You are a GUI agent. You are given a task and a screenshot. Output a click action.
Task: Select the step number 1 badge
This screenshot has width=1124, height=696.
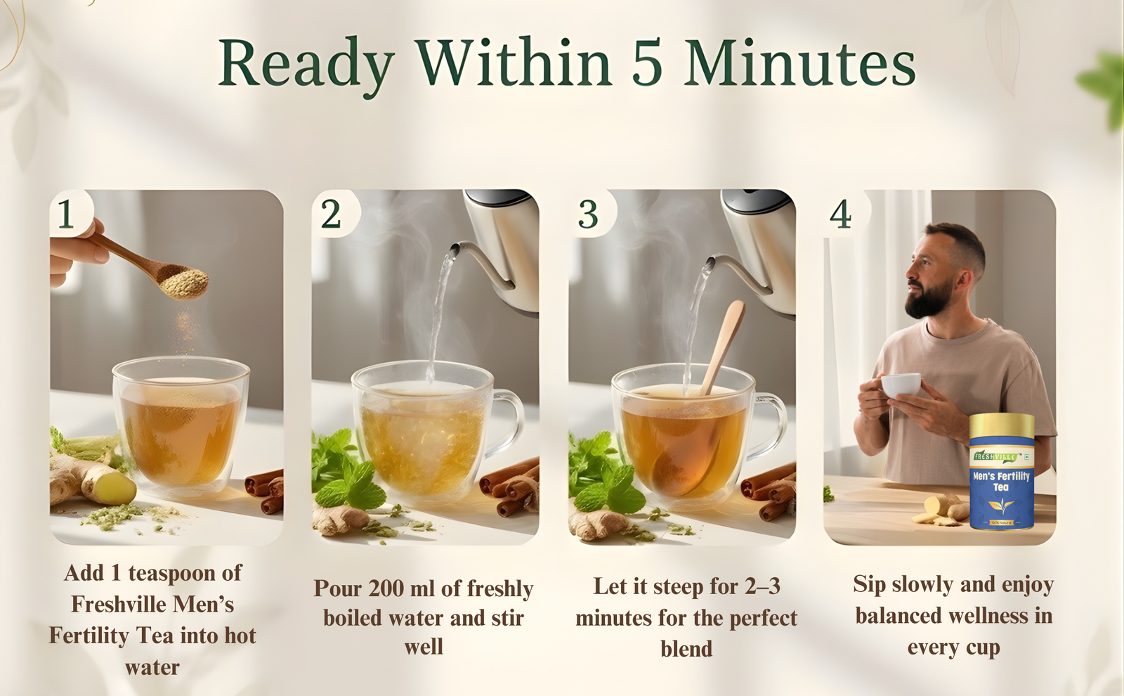click(x=67, y=214)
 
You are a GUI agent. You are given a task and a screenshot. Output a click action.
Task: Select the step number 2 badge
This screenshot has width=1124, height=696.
click(x=331, y=214)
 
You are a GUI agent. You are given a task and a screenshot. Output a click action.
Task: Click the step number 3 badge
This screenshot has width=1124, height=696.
click(x=588, y=214)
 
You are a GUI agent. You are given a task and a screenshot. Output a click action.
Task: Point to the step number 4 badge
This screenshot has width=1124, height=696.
click(x=841, y=214)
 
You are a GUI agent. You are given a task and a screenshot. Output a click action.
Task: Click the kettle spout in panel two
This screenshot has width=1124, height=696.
click(x=460, y=249)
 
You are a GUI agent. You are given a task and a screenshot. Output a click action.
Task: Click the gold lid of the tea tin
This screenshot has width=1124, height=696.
click(x=1002, y=425)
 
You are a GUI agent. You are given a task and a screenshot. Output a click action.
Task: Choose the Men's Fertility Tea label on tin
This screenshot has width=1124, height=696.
click(x=1001, y=481)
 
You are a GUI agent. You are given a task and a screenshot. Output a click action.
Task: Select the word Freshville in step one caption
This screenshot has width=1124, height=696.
click(x=119, y=604)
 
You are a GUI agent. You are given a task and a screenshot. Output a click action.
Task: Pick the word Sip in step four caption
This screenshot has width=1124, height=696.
click(x=868, y=584)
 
